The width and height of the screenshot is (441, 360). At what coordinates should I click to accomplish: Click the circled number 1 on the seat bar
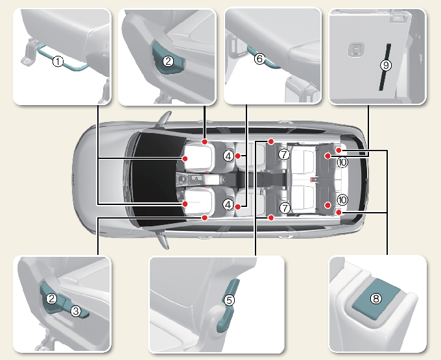58,62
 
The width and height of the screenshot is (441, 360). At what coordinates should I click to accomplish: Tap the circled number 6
259,59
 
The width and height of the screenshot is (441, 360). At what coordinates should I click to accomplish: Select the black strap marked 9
385,67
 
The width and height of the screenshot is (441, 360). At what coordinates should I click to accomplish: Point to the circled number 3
76,311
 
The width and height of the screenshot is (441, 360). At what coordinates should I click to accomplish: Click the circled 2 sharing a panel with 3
51,298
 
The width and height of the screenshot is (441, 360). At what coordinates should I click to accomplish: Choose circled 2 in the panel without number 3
168,61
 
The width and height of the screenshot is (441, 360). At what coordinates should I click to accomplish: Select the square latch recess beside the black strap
356,50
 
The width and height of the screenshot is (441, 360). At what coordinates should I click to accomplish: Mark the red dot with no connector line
328,206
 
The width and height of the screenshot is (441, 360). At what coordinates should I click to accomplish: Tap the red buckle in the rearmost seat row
313,179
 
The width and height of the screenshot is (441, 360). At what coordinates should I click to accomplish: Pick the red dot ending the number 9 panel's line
328,156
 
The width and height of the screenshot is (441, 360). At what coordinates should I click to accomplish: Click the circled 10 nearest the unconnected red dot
342,200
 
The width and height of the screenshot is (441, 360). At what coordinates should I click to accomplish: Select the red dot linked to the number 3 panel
205,217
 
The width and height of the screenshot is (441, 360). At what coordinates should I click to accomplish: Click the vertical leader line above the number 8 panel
387,202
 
